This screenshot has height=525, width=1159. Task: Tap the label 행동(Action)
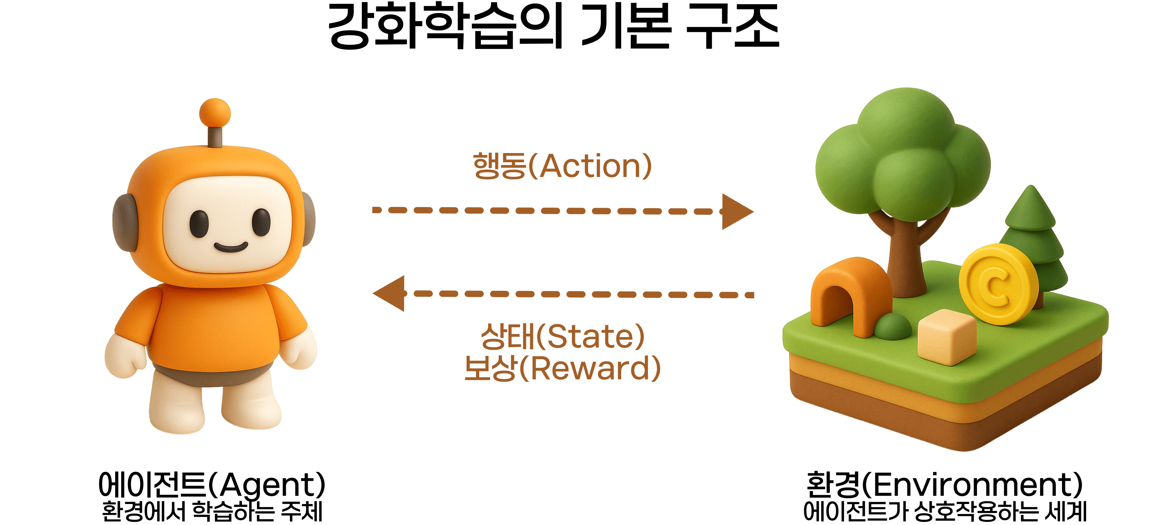(x=562, y=166)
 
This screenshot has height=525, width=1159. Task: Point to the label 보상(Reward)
(x=562, y=368)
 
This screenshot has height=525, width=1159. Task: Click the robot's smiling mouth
(x=230, y=247)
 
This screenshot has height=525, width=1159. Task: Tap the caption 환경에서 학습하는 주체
(x=211, y=512)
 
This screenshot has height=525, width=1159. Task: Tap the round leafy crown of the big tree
(x=904, y=153)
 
